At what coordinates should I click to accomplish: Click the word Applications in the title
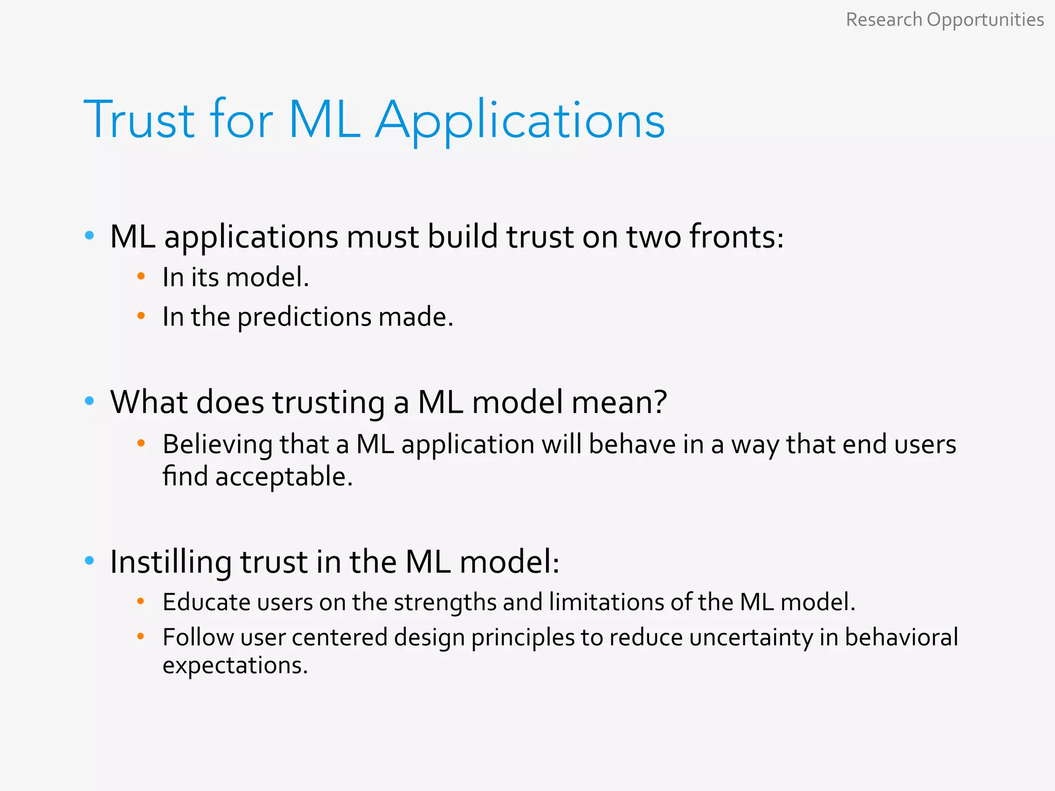(x=520, y=121)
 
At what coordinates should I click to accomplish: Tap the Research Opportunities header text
(x=945, y=20)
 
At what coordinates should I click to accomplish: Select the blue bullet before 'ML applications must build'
(x=90, y=236)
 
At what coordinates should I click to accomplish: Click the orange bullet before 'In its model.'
(x=141, y=277)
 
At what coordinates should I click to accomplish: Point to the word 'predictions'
(x=304, y=317)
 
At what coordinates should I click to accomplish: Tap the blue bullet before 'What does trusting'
(x=90, y=401)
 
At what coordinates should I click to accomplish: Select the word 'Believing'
(x=217, y=445)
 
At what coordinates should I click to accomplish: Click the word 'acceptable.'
(x=284, y=477)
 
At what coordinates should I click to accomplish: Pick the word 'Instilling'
(x=171, y=562)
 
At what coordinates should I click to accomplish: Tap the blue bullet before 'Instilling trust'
(x=90, y=561)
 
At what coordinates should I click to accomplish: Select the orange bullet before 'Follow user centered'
(x=141, y=637)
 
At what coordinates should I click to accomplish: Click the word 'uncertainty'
(x=751, y=638)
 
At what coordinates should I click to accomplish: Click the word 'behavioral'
(x=901, y=638)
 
